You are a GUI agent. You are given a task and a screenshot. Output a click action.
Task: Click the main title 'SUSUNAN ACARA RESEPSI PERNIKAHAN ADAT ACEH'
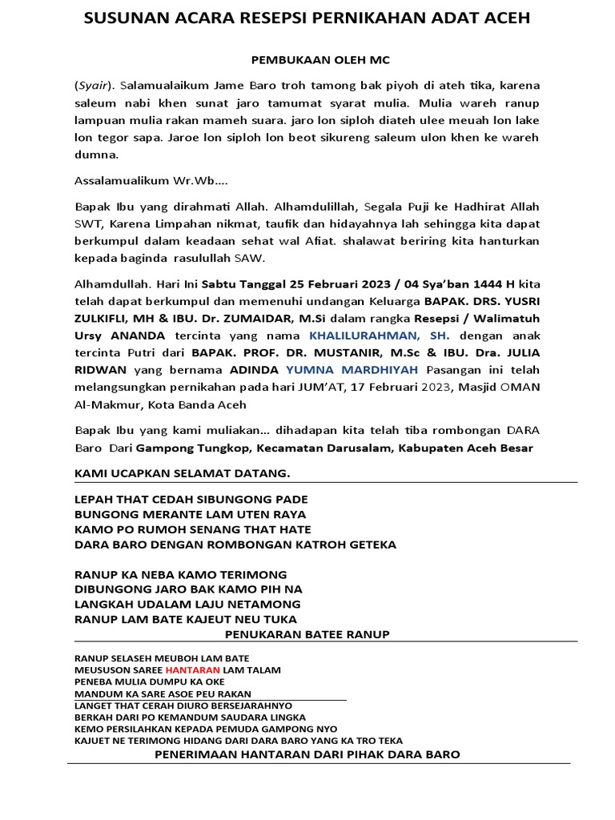(307, 18)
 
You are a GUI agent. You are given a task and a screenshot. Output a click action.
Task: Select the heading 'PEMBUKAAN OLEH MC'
(307, 60)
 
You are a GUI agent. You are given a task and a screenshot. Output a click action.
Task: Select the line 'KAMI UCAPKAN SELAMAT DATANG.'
(182, 474)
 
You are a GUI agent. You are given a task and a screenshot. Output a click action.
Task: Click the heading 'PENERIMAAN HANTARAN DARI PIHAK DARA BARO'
(307, 754)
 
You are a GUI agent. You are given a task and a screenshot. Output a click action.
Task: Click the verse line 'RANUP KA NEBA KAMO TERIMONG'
(180, 575)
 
